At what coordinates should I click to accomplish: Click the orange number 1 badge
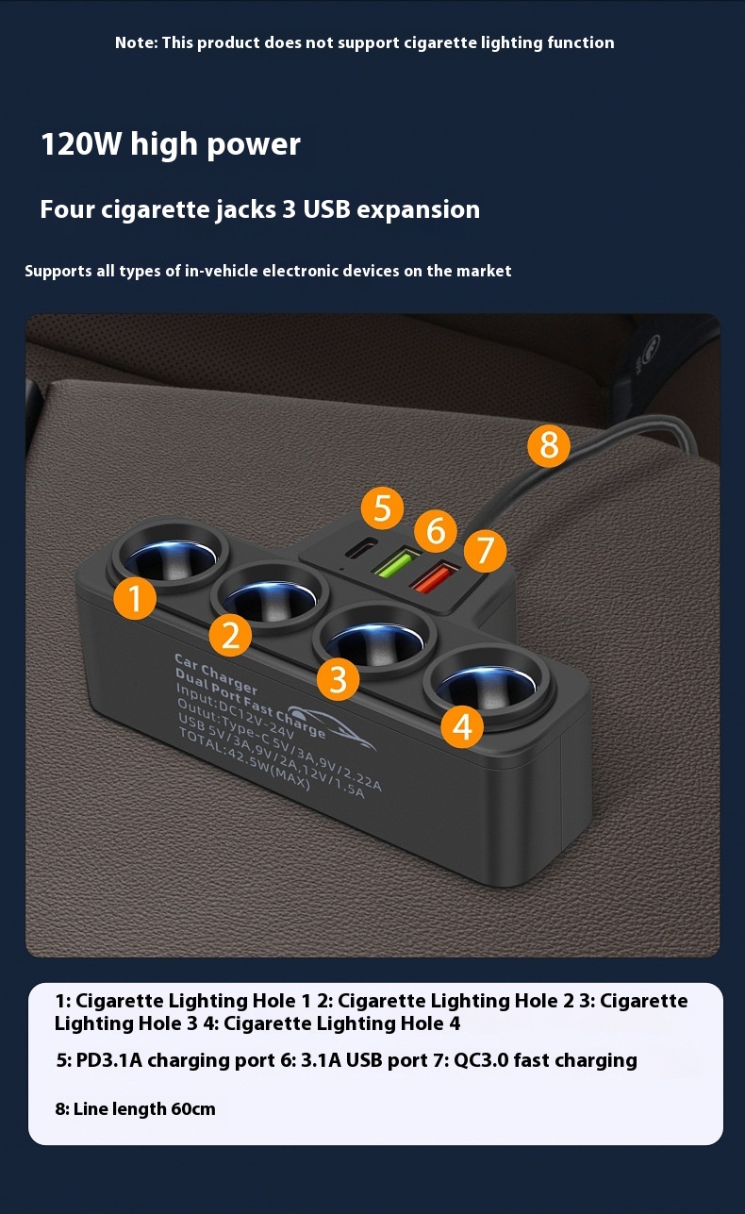(135, 598)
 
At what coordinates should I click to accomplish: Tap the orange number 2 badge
(230, 635)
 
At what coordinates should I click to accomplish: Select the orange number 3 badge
(339, 679)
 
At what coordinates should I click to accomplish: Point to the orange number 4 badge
(462, 726)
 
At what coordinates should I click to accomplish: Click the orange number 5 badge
(383, 507)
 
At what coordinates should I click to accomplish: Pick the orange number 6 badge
(436, 530)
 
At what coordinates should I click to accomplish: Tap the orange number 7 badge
(485, 551)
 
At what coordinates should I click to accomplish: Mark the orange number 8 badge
(549, 445)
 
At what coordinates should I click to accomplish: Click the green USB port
(396, 561)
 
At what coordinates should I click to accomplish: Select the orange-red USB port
(434, 576)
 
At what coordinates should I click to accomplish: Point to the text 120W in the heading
(81, 144)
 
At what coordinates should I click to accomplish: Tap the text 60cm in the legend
(193, 1109)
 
